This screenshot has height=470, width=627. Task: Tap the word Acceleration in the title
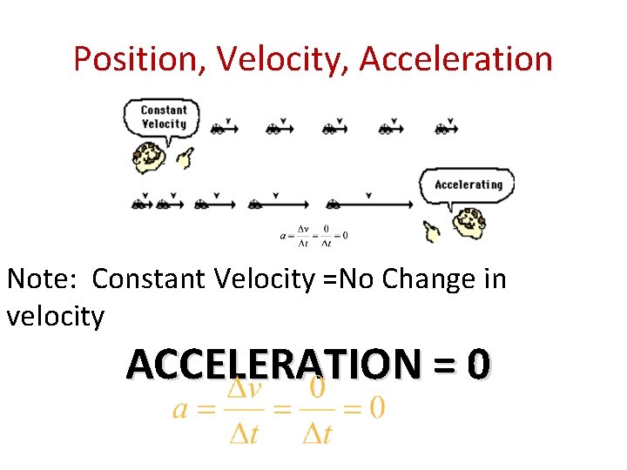(455, 59)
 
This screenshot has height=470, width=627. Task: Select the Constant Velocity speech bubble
(164, 117)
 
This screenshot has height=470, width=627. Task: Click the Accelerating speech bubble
(468, 185)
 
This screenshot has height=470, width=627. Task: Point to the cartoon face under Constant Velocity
(150, 157)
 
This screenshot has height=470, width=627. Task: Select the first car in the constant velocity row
(218, 130)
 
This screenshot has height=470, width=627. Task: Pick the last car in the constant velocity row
(442, 130)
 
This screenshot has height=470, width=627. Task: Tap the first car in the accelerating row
(138, 205)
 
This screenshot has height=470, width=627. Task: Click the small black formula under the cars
(314, 235)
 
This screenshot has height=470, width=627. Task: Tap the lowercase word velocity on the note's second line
(55, 316)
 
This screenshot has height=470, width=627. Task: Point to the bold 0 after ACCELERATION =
(477, 364)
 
